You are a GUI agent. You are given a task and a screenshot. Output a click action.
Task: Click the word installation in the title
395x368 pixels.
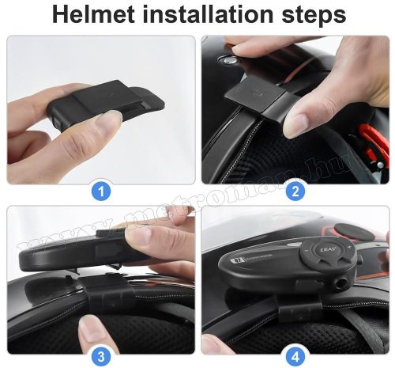[212, 15]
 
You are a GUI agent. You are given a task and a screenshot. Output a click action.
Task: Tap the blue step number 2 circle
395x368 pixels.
[295, 190]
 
